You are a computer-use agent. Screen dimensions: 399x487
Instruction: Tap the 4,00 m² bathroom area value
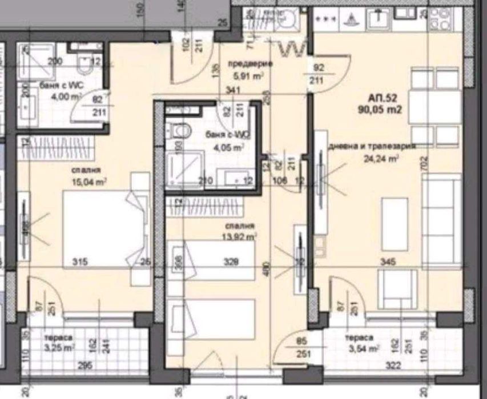pyautogui.click(x=50, y=96)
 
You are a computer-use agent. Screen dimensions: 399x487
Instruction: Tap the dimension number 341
pyautogui.click(x=232, y=89)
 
